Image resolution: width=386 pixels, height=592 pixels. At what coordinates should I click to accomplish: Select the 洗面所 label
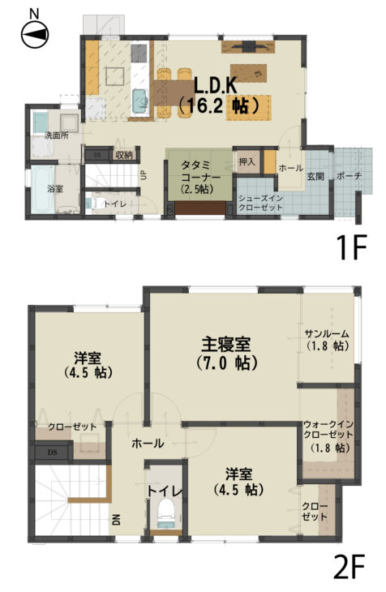(57, 135)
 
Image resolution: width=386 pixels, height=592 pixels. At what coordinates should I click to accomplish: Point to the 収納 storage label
(124, 154)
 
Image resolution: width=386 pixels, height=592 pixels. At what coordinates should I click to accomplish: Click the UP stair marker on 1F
(144, 175)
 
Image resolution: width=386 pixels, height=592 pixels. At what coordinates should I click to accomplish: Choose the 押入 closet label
(247, 161)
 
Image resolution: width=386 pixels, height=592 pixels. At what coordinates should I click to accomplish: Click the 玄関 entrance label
(315, 176)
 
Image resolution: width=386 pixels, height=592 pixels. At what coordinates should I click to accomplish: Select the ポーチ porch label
(349, 176)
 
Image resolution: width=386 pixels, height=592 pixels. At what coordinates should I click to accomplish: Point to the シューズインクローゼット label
(260, 203)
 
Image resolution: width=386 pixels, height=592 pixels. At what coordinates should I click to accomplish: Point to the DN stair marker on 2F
(116, 521)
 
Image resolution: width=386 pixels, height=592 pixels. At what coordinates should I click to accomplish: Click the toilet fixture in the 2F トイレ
(166, 513)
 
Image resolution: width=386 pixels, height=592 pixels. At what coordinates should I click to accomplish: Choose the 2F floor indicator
(350, 567)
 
